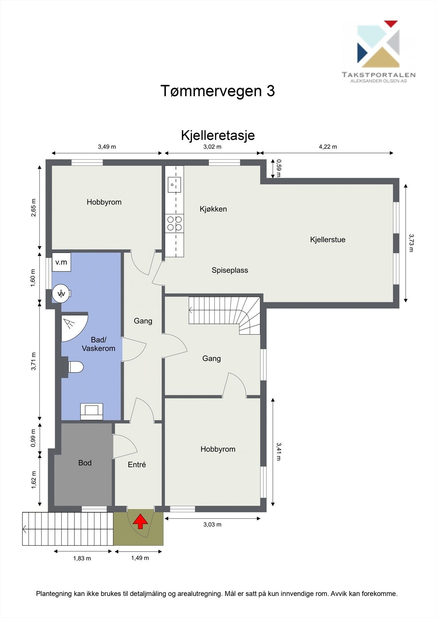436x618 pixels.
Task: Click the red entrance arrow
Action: click(x=140, y=521)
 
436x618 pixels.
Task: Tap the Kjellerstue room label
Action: click(x=328, y=239)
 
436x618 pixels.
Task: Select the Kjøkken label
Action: click(x=213, y=209)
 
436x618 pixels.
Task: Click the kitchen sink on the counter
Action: click(x=174, y=185)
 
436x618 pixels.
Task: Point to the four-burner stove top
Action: click(x=174, y=223)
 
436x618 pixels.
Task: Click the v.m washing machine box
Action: click(x=61, y=262)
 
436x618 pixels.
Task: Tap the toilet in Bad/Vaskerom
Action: click(x=75, y=367)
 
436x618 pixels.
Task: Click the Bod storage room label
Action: click(x=85, y=463)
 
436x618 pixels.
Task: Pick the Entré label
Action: click(x=137, y=465)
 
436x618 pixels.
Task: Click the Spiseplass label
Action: click(x=230, y=270)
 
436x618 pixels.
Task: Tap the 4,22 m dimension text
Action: click(x=328, y=147)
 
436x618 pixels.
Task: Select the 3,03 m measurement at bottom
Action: click(x=212, y=524)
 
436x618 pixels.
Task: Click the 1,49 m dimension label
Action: click(x=140, y=558)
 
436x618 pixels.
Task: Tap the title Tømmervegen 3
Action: click(x=217, y=91)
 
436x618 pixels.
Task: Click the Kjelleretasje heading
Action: click(x=218, y=136)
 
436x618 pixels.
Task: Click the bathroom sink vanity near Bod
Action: click(x=91, y=411)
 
